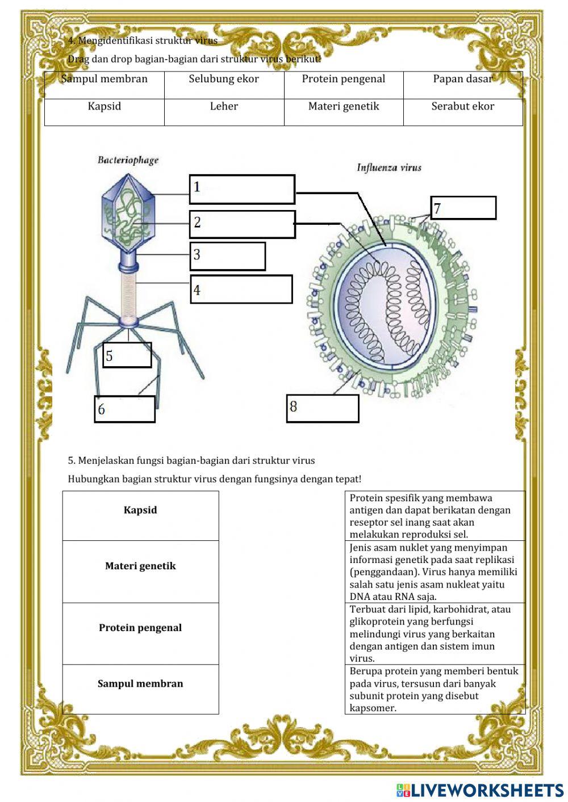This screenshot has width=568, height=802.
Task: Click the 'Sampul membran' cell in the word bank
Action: click(x=105, y=79)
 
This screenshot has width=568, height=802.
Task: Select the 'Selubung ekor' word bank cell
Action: click(x=224, y=79)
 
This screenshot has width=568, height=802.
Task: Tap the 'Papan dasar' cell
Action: click(x=462, y=79)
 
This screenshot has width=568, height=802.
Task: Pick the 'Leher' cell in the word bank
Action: click(x=224, y=107)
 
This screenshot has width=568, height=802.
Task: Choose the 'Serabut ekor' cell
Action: click(x=462, y=107)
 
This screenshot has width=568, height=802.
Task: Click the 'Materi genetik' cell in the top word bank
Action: click(x=344, y=107)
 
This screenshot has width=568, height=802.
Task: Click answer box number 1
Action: click(x=242, y=190)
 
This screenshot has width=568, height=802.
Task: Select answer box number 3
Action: click(x=227, y=256)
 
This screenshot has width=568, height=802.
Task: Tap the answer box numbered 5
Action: click(x=127, y=355)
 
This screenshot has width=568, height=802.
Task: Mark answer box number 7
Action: click(x=463, y=208)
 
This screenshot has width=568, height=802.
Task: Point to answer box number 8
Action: click(x=323, y=408)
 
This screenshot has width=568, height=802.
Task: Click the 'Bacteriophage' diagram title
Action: click(x=128, y=160)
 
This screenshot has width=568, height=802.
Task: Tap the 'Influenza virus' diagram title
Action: click(x=389, y=167)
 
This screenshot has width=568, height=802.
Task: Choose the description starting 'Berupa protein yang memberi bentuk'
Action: click(x=435, y=690)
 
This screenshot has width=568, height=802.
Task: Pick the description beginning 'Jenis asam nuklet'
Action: click(x=435, y=572)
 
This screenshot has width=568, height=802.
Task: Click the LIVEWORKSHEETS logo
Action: click(x=480, y=790)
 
